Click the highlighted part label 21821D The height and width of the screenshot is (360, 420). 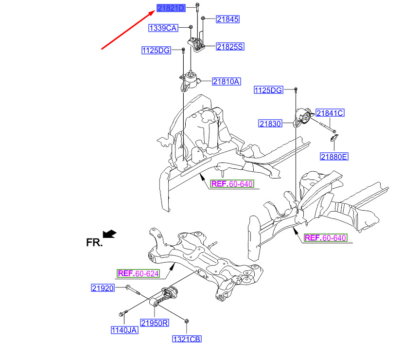[171, 8]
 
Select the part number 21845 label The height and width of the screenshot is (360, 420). [227, 19]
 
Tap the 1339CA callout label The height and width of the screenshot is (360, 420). [163, 28]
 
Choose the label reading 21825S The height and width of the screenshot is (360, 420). [230, 47]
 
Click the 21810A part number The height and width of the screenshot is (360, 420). [227, 82]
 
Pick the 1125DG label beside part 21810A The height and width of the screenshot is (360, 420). [156, 51]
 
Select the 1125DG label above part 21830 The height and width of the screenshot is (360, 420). [268, 90]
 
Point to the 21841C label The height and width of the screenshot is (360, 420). [330, 113]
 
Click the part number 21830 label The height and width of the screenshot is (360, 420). [270, 124]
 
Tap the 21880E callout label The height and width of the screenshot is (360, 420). [334, 157]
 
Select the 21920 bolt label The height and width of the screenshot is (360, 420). [103, 288]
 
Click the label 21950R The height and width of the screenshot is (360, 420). [155, 324]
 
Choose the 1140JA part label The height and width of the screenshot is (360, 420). [124, 330]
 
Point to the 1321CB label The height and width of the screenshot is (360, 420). [187, 340]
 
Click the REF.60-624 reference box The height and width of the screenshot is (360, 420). [138, 273]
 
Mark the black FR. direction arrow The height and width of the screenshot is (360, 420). [109, 234]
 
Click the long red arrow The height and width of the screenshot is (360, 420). [128, 30]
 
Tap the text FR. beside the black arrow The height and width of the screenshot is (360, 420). [94, 243]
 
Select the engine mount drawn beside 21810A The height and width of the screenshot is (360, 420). [190, 81]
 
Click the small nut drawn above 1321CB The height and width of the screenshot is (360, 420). [187, 321]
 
